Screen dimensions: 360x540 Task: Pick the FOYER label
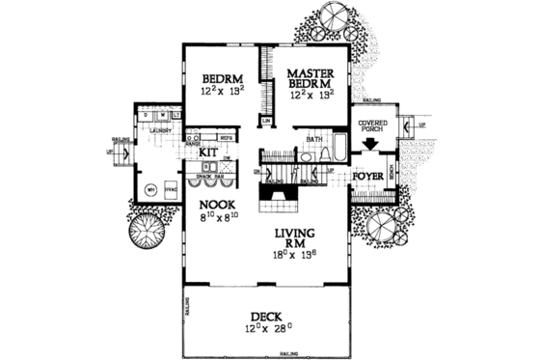tap(368, 176)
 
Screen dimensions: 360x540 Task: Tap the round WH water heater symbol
tap(150, 190)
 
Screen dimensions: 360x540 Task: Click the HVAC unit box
tap(170, 189)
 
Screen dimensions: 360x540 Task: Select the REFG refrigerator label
tap(229, 138)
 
